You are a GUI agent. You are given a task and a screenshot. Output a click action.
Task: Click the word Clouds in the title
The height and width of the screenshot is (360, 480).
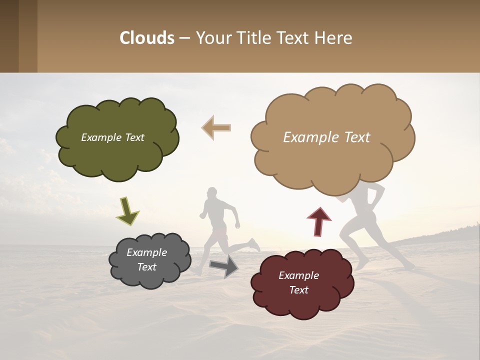pyautogui.click(x=147, y=38)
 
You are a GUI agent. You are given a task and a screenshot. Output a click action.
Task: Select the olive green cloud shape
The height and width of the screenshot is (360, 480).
pyautogui.click(x=116, y=155)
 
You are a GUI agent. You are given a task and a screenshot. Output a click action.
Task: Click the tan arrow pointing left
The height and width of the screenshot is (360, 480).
pyautogui.click(x=216, y=127)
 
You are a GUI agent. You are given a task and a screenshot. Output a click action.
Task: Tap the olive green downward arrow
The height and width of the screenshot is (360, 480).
pyautogui.click(x=127, y=210)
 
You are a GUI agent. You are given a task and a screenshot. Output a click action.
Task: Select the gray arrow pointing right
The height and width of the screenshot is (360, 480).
pyautogui.click(x=224, y=265)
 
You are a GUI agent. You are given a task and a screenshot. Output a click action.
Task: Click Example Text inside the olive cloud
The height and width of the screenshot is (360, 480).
pyautogui.click(x=112, y=137)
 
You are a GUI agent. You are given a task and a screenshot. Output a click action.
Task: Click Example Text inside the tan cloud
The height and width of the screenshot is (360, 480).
pyautogui.click(x=326, y=137)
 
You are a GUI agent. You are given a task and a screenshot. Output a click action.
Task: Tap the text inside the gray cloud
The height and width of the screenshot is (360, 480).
pyautogui.click(x=147, y=259)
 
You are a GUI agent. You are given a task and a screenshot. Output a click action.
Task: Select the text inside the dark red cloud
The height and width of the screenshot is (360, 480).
pyautogui.click(x=299, y=282)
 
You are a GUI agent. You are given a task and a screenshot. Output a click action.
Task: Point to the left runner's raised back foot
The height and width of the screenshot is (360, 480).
pyautogui.click(x=254, y=244)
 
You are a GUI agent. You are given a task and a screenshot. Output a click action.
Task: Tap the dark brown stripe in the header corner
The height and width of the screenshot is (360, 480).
pyautogui.click(x=9, y=36)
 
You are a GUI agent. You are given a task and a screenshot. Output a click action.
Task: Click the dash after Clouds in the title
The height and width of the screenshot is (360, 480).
pyautogui.click(x=184, y=38)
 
